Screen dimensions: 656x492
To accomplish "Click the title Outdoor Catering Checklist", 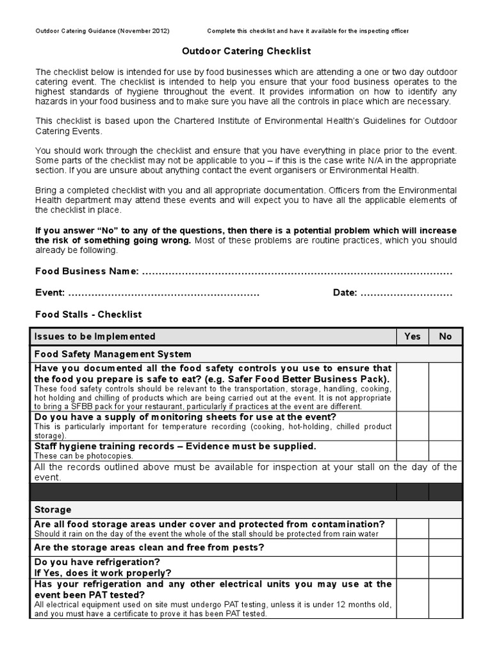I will click(x=246, y=51).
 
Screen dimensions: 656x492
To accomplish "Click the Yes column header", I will click(x=413, y=336).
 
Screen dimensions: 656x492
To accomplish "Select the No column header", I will click(x=445, y=336).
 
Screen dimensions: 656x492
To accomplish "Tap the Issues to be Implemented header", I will click(x=95, y=336).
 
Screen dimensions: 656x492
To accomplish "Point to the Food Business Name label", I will click(x=86, y=272).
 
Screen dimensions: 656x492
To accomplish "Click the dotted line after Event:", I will click(x=163, y=293).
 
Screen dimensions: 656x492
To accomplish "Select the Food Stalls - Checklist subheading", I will click(x=88, y=315).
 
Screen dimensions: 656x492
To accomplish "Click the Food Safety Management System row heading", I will click(x=113, y=354).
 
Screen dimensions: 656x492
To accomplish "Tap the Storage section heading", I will click(x=53, y=510).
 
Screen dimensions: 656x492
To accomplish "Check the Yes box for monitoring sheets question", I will click(x=413, y=426).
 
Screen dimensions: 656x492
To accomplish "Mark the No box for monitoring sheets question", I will click(x=445, y=426).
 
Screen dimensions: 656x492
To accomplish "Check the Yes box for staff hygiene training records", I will click(x=413, y=450).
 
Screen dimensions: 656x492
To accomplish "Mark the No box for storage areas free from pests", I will click(x=445, y=547).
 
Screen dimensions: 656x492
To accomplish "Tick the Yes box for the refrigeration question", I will click(x=413, y=567).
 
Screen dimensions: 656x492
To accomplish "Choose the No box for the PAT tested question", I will click(x=445, y=598).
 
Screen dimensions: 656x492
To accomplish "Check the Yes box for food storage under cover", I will click(x=413, y=529).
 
